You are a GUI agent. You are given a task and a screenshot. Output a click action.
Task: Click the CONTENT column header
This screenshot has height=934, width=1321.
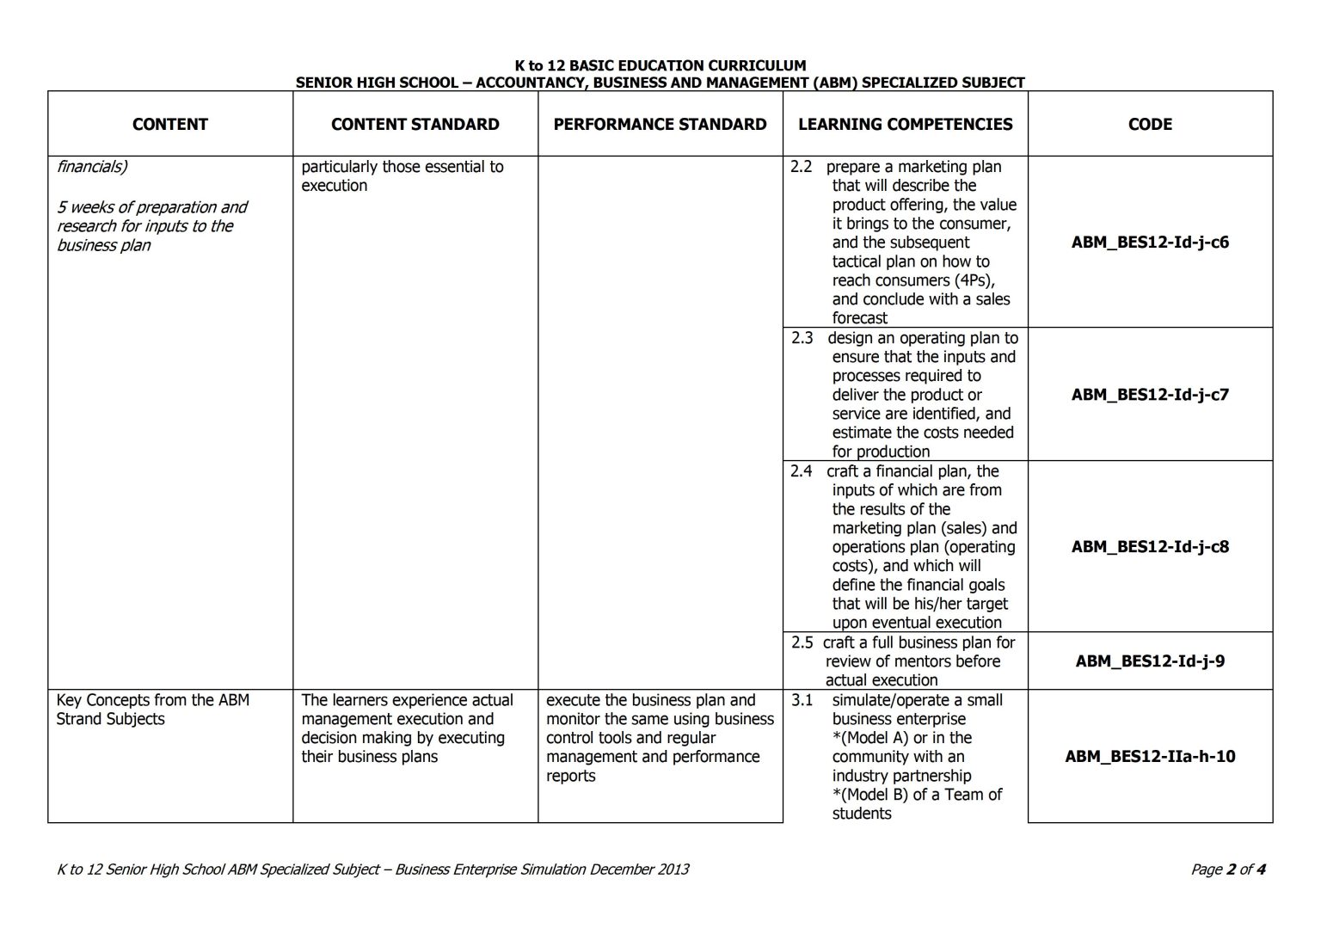tap(169, 124)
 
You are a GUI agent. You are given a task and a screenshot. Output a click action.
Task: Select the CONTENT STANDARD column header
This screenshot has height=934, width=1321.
tap(415, 124)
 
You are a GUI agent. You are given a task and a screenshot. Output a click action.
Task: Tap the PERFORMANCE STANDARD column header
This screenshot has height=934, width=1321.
tap(660, 124)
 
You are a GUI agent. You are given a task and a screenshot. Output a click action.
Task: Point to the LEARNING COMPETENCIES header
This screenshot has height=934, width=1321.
tap(905, 124)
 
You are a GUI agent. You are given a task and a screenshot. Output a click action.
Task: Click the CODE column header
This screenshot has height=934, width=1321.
tap(1150, 124)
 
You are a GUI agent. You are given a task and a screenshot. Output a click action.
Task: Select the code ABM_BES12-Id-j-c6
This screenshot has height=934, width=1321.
tap(1150, 243)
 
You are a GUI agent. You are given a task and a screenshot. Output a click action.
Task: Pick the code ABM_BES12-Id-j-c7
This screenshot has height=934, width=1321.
tap(1150, 395)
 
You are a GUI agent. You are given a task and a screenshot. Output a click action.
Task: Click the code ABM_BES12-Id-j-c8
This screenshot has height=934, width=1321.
tap(1150, 547)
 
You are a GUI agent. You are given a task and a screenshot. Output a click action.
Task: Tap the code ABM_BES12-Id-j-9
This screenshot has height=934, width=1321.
tap(1150, 661)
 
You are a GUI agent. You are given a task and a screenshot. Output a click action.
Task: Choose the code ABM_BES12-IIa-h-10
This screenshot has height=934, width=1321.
tap(1150, 757)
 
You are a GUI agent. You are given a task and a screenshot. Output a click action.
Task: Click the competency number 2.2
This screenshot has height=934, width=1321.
tap(801, 167)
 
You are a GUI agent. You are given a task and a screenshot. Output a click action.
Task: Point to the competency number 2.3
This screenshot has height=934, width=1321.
tap(802, 338)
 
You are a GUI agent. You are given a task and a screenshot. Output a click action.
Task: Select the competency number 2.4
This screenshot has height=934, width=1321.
tap(801, 471)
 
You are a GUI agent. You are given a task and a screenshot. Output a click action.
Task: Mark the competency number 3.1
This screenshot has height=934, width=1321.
tap(802, 700)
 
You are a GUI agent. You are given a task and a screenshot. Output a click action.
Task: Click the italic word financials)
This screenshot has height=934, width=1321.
tap(92, 167)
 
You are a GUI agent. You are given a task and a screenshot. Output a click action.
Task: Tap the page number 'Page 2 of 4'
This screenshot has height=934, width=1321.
tap(1227, 869)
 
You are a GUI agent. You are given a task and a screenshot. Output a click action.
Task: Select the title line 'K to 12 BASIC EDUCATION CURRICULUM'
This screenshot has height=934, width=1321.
tap(660, 65)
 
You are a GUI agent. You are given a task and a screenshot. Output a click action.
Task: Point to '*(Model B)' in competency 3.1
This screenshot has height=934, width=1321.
tap(869, 795)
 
